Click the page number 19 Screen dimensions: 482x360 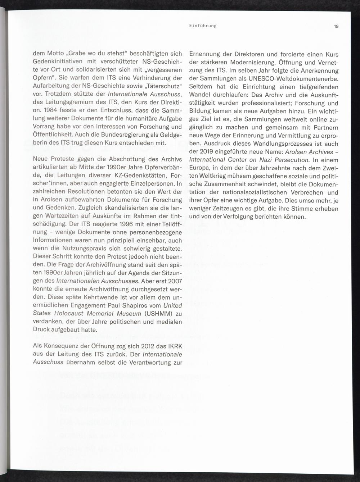tap(336, 26)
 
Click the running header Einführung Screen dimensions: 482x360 tap(203, 26)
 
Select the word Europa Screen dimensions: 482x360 tap(199, 168)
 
